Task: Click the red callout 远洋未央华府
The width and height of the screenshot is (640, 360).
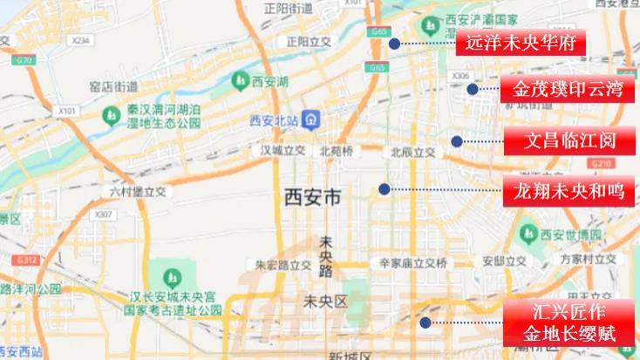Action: pos(521,43)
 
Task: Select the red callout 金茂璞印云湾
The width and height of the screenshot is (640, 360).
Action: pos(566,89)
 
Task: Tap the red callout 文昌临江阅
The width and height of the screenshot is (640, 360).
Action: pos(569,140)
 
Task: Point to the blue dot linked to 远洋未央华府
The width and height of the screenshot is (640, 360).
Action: pos(394,43)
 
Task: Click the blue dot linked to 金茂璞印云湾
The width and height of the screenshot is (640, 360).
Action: pos(472,89)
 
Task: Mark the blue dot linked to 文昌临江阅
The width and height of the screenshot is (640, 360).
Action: pos(456,141)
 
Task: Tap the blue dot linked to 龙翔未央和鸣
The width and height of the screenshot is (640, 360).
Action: pos(384,189)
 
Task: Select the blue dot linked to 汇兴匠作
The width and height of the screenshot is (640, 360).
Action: pos(425,323)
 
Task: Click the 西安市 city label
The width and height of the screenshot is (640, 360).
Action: pos(313,199)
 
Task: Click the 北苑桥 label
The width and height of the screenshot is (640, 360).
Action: pos(337,151)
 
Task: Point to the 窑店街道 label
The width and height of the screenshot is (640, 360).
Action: pos(114,85)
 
